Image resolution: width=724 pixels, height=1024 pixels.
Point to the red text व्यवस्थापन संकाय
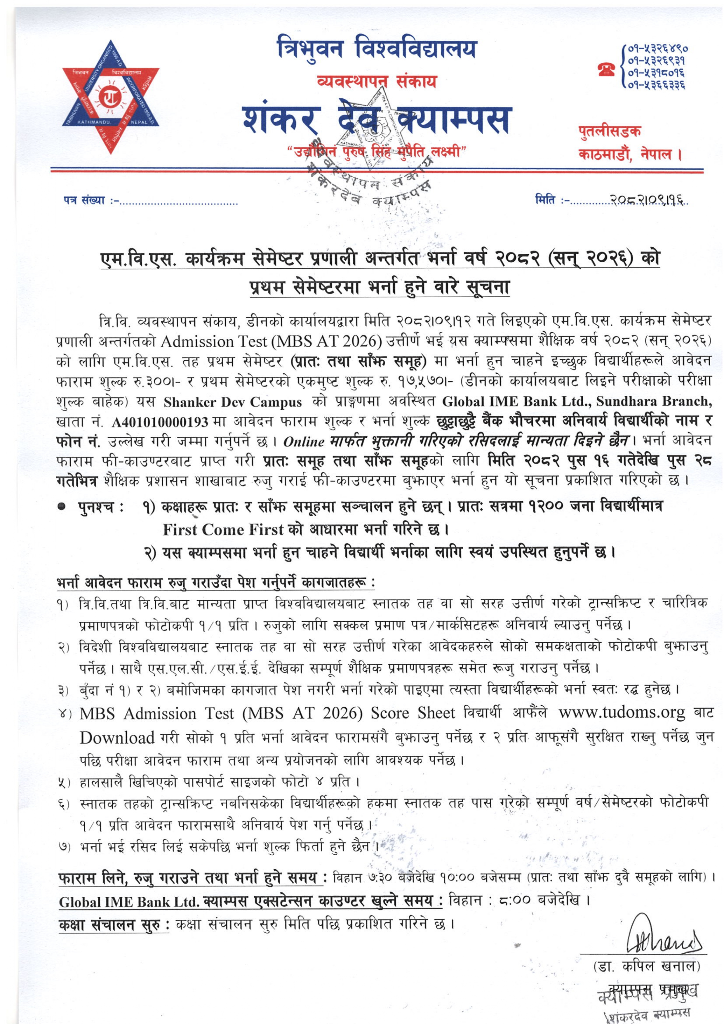point(376,81)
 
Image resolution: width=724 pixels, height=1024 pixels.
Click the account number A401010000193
point(160,421)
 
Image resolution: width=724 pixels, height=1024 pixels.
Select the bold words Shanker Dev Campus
point(232,402)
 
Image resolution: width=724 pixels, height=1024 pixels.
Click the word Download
point(117,738)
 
